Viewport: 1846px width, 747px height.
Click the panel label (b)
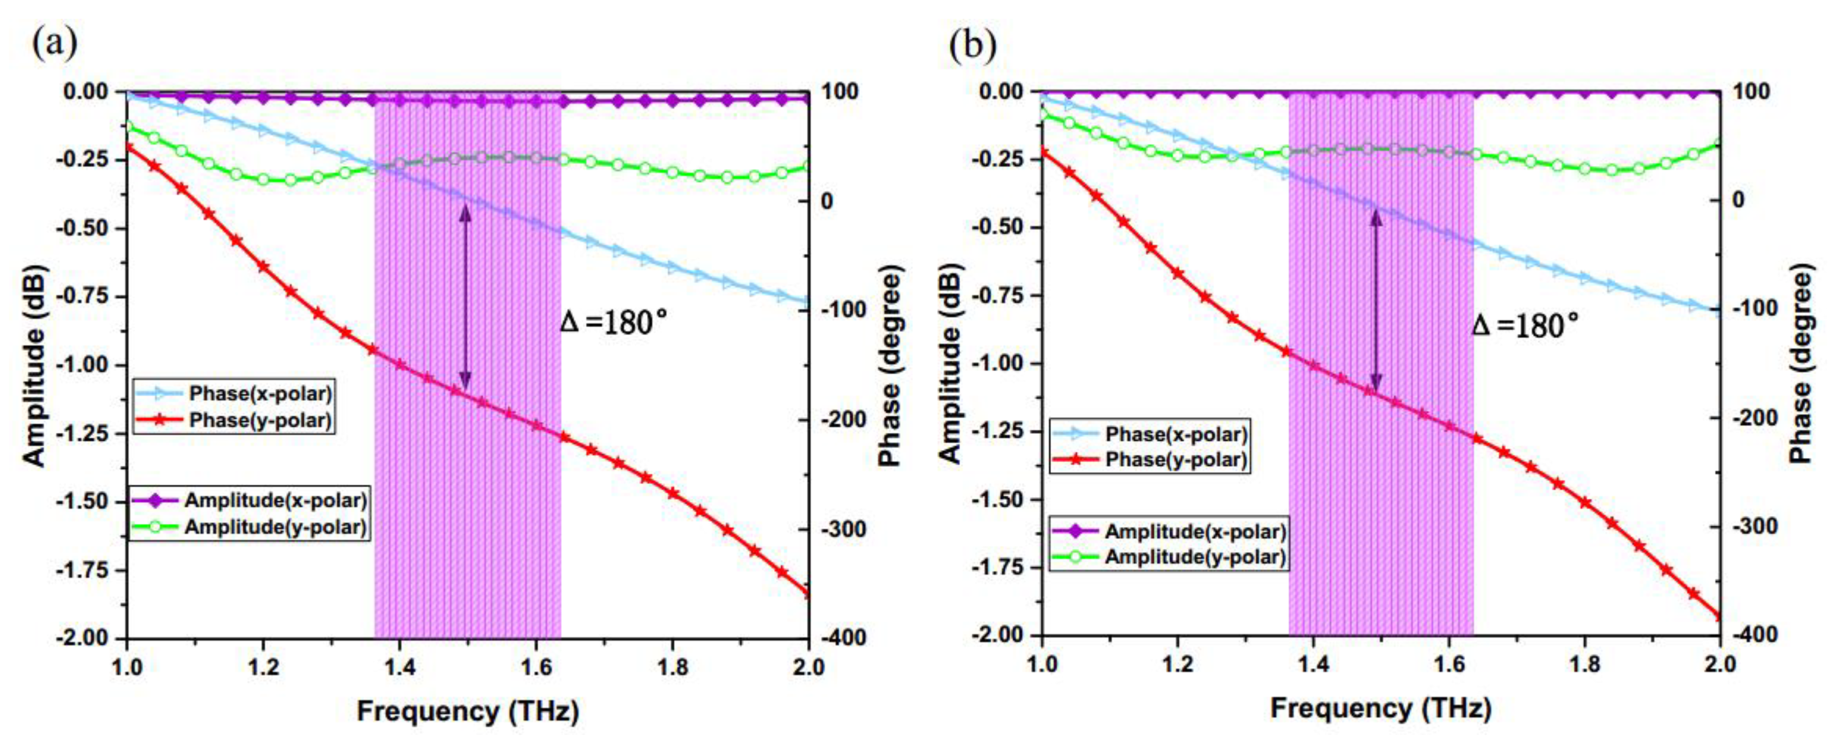[x=973, y=45]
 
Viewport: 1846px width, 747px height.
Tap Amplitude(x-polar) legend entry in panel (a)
[x=275, y=500]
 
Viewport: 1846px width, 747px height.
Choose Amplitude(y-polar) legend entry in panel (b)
[x=1194, y=557]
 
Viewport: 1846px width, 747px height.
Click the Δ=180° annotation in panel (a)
[x=613, y=323]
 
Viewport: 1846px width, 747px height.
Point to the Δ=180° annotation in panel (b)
[x=1525, y=326]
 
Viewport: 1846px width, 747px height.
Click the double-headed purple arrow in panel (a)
[x=465, y=297]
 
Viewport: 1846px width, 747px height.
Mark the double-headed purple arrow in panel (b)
[x=1376, y=300]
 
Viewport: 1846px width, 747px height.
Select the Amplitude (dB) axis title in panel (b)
[x=950, y=364]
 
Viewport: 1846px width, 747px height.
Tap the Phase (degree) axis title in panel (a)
[x=890, y=365]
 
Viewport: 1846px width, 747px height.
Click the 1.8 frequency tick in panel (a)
[x=672, y=668]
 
